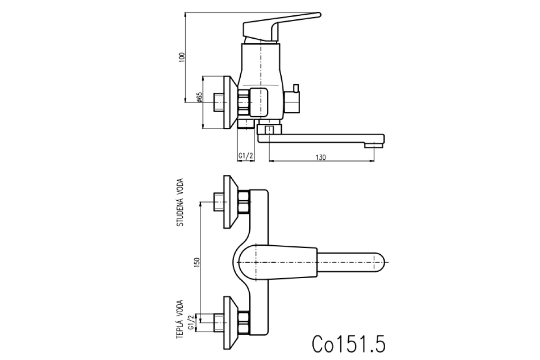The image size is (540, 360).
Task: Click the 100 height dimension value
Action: [182, 58]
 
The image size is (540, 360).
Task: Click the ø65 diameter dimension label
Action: [199, 97]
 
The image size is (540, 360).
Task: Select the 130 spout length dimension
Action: [320, 157]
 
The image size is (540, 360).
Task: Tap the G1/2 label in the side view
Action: [246, 156]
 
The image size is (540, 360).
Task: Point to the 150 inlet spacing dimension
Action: [197, 263]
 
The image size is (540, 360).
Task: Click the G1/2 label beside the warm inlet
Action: [191, 322]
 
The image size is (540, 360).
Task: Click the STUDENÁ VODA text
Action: [180, 202]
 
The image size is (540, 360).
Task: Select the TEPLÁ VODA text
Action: [180, 319]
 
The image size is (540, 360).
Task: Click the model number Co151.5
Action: [349, 344]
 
